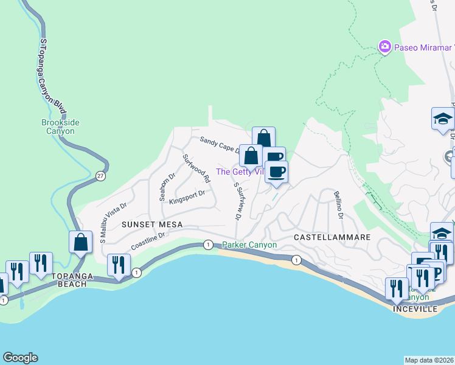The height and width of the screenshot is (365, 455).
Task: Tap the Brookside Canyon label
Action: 60,127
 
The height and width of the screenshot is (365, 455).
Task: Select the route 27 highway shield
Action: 100,176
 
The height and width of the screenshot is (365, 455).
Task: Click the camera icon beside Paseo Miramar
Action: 384,46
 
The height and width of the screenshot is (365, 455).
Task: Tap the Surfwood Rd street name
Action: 196,169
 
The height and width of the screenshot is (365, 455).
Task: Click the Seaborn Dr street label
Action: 163,187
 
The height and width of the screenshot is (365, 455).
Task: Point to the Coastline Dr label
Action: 148,242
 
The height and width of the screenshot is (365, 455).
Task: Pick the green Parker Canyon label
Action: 249,245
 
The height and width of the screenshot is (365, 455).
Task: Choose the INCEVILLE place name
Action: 417,308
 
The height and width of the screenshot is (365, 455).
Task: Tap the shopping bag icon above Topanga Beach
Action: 80,243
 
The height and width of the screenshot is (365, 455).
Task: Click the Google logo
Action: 20,358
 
